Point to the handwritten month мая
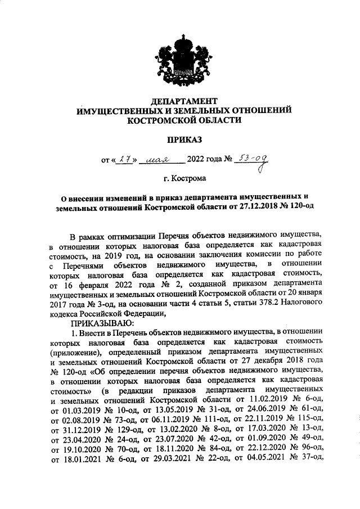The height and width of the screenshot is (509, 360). point(161,160)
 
